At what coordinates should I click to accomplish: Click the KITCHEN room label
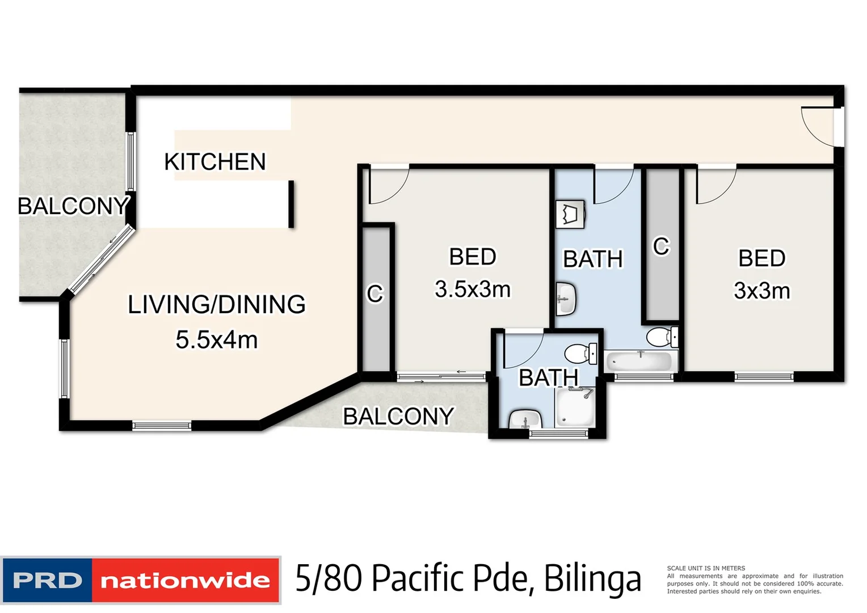click(x=214, y=162)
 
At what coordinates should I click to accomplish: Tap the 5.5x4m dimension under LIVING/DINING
click(x=216, y=340)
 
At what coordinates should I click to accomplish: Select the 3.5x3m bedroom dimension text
click(x=473, y=289)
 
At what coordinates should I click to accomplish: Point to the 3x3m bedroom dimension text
click(x=761, y=291)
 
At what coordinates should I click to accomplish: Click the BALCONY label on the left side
click(x=73, y=206)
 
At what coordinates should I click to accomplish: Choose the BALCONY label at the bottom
click(x=398, y=417)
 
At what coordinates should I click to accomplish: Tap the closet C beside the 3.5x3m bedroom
click(x=375, y=294)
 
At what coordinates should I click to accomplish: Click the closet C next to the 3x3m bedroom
click(x=661, y=246)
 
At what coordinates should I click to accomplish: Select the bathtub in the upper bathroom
click(x=641, y=361)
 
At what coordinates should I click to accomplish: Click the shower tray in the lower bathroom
click(x=575, y=407)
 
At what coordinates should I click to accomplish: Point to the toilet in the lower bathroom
click(x=580, y=353)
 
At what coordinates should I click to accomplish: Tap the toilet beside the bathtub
click(x=662, y=337)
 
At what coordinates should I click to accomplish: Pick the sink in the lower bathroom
click(x=525, y=420)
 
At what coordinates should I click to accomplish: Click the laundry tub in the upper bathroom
click(x=570, y=215)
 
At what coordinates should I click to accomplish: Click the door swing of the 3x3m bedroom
click(x=715, y=184)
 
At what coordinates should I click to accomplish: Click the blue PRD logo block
click(x=47, y=580)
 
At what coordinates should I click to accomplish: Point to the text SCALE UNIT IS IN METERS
click(x=706, y=568)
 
